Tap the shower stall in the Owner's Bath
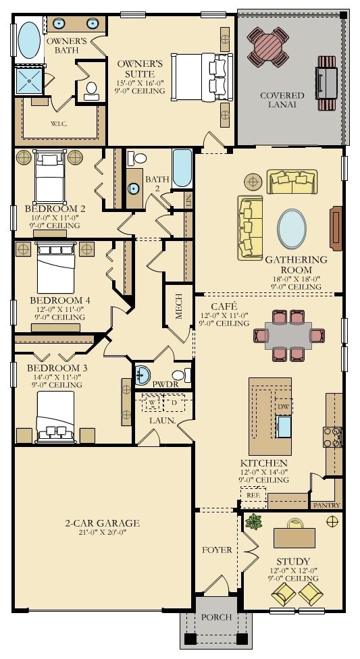click(29, 80)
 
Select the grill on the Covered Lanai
click(327, 83)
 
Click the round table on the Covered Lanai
click(268, 47)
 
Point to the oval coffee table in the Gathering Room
click(292, 229)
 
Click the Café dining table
click(288, 336)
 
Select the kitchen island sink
click(284, 427)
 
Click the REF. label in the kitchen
click(253, 495)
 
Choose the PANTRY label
click(327, 505)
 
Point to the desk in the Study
click(294, 537)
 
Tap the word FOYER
click(217, 550)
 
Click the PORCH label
click(216, 617)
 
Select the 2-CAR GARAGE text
click(102, 523)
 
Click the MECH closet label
click(179, 309)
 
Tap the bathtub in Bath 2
click(182, 167)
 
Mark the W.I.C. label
click(59, 124)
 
